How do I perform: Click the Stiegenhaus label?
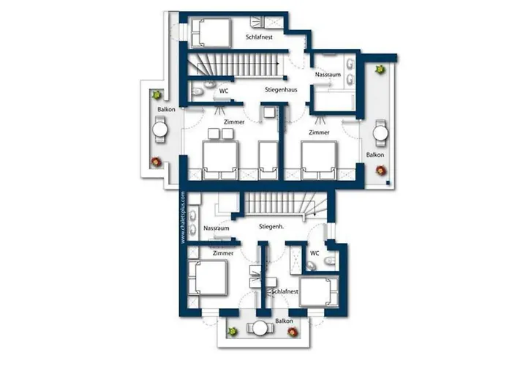[x=281, y=89]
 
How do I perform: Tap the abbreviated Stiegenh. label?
[x=271, y=226]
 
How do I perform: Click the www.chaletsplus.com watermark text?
[x=183, y=217]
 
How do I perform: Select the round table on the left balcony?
[x=160, y=130]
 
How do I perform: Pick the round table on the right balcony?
[x=380, y=133]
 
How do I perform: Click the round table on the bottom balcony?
[x=260, y=329]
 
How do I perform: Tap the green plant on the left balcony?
[x=157, y=95]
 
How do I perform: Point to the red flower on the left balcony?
[x=156, y=162]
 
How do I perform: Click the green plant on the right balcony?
[x=380, y=70]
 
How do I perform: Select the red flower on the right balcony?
[x=381, y=171]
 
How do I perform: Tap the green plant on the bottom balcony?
[x=233, y=332]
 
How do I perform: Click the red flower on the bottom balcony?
[x=293, y=332]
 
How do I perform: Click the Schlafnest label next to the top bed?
[x=259, y=37]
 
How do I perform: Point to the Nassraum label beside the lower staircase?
[x=217, y=228]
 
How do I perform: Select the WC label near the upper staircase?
[x=224, y=91]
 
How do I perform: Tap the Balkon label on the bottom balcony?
[x=284, y=321]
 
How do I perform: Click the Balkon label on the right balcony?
[x=374, y=155]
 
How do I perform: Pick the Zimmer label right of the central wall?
[x=319, y=132]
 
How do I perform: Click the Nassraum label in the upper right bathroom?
[x=328, y=75]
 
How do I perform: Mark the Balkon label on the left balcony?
[x=166, y=110]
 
